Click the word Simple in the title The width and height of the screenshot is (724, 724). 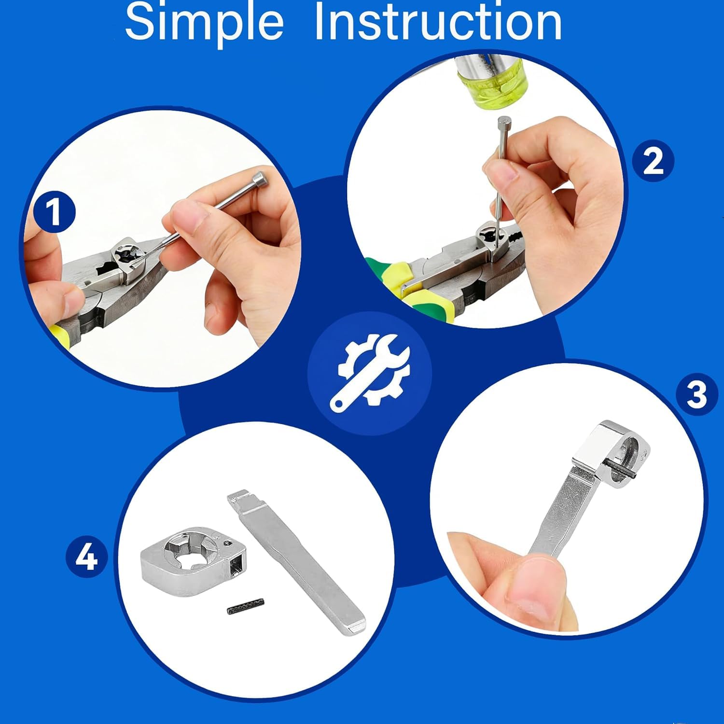204,22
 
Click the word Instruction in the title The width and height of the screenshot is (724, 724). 438,22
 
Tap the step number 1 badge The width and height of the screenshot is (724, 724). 55,212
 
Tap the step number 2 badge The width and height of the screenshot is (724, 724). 653,161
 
